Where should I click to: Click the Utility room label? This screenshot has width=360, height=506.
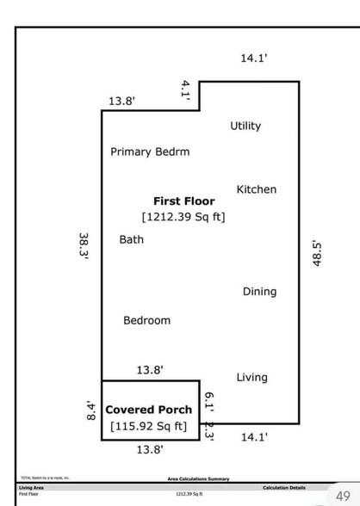245,126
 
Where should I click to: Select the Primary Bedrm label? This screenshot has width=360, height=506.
150,151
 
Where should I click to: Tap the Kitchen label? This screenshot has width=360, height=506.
257,189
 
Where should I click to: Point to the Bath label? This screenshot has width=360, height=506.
132,239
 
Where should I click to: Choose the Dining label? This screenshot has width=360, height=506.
259,292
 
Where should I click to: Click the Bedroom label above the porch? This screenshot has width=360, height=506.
146,320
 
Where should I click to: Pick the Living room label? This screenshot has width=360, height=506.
251,377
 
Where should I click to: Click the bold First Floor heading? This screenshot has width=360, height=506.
184,201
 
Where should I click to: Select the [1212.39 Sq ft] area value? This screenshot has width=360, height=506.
183,217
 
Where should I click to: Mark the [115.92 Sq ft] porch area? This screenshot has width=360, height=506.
148,426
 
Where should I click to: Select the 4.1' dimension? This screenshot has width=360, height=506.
184,88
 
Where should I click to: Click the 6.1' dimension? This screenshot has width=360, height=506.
208,400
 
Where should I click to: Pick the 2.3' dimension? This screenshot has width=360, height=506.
208,429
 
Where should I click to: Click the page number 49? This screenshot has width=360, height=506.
343,496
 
